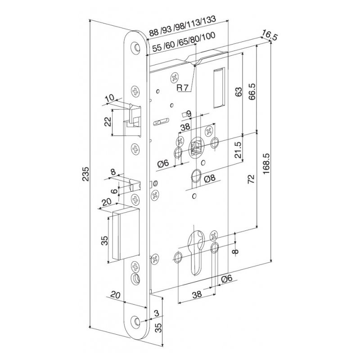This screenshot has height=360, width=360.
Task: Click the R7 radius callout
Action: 182,87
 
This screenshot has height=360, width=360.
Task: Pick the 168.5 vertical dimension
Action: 265,165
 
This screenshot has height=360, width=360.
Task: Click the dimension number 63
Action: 239,92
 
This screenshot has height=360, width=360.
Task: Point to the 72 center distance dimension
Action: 252,179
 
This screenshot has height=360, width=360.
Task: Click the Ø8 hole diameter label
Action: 211,179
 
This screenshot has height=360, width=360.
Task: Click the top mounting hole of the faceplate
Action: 136,47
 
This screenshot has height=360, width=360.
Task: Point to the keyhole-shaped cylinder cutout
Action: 197,252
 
